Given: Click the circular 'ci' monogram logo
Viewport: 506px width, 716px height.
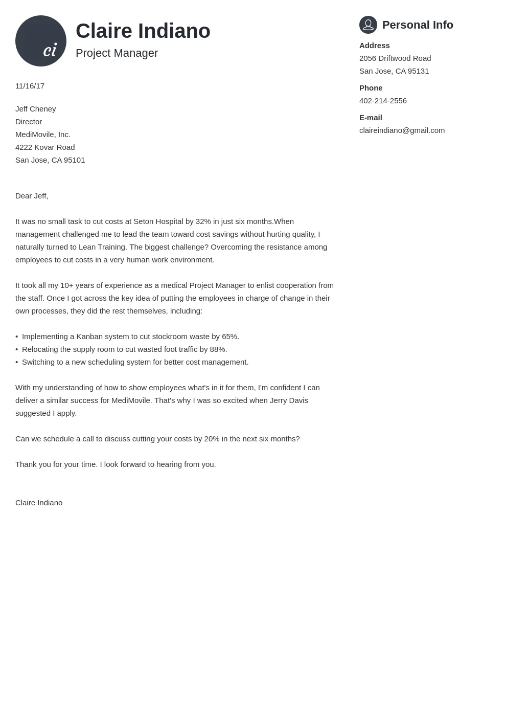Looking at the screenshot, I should click(x=41, y=41).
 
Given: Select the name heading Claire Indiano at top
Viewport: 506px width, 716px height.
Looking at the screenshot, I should click(x=143, y=31).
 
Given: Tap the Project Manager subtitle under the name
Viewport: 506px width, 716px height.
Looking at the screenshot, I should click(x=117, y=53).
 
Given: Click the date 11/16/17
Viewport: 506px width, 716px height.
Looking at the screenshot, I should click(x=30, y=86).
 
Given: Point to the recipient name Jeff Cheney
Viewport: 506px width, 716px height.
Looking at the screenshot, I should click(x=36, y=109).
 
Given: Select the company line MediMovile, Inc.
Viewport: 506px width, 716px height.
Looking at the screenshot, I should click(x=43, y=135).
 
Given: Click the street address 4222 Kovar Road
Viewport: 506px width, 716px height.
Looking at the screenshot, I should click(x=45, y=147).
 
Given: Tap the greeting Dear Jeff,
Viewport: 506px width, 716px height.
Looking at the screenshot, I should click(x=32, y=196).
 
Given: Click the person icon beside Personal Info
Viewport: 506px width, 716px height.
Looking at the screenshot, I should click(x=368, y=25).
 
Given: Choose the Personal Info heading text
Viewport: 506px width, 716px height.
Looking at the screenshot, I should click(x=418, y=25).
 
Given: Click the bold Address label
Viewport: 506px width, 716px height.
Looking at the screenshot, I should click(x=374, y=46).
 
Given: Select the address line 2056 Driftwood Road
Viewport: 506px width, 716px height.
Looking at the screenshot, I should click(x=395, y=58).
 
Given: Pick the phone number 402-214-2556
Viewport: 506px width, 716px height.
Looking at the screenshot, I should click(x=383, y=101).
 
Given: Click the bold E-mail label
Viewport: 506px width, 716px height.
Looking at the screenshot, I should click(x=371, y=118).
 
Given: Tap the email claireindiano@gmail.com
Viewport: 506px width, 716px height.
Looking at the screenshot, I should click(x=402, y=130).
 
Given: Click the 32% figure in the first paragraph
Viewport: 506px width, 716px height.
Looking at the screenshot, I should click(x=203, y=221).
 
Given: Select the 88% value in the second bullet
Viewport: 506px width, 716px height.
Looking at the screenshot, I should click(x=218, y=349).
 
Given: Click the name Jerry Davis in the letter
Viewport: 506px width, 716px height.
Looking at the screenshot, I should click(x=289, y=400).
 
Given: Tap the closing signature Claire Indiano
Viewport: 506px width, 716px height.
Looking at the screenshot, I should click(x=39, y=503).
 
